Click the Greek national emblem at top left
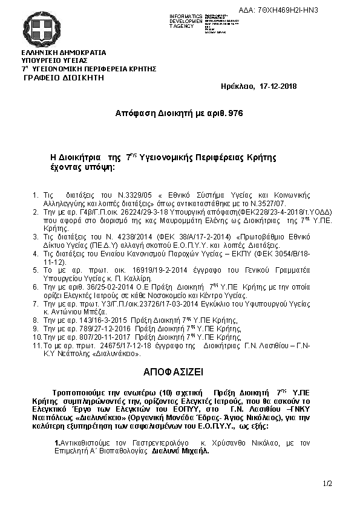[x=43, y=28]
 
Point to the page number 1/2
[x=328, y=484]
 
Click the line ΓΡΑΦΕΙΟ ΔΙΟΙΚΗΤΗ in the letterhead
[x=64, y=78]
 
